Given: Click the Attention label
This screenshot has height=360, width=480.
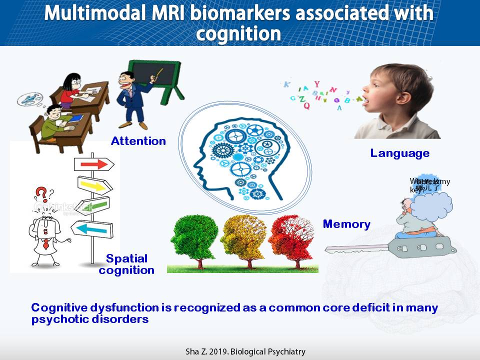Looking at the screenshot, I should pyautogui.click(x=138, y=141).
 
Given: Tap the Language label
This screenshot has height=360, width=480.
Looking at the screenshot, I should pyautogui.click(x=399, y=153).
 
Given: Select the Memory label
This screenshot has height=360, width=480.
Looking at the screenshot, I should pyautogui.click(x=346, y=224).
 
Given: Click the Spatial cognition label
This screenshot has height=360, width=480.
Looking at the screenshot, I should pyautogui.click(x=126, y=264).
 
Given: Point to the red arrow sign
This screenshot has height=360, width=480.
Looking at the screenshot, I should pyautogui.click(x=94, y=164).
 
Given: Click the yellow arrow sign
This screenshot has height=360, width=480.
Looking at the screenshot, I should pyautogui.click(x=95, y=186).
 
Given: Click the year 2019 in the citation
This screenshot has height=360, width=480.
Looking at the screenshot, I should pyautogui.click(x=213, y=351).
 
